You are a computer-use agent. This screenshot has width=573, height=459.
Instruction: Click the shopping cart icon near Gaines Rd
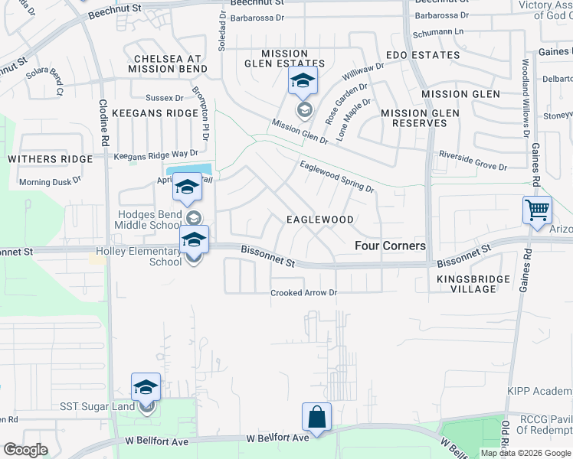[537, 209]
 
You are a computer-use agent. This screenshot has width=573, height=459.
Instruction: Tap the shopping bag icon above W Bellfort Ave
[316, 417]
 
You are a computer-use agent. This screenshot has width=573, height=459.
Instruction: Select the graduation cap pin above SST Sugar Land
[146, 387]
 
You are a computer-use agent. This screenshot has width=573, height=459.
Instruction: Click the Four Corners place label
[390, 246]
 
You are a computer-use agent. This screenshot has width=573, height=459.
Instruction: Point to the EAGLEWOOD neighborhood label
[319, 220]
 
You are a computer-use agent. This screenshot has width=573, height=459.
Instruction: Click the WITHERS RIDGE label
[50, 159]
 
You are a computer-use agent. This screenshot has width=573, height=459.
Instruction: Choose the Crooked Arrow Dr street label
[303, 293]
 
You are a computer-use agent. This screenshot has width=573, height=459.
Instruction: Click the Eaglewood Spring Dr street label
[336, 177]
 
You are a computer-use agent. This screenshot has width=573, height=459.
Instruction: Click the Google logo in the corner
[25, 450]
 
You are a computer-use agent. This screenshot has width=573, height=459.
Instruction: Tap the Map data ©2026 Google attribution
[525, 453]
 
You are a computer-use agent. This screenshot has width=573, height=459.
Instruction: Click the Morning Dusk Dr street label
[50, 182]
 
